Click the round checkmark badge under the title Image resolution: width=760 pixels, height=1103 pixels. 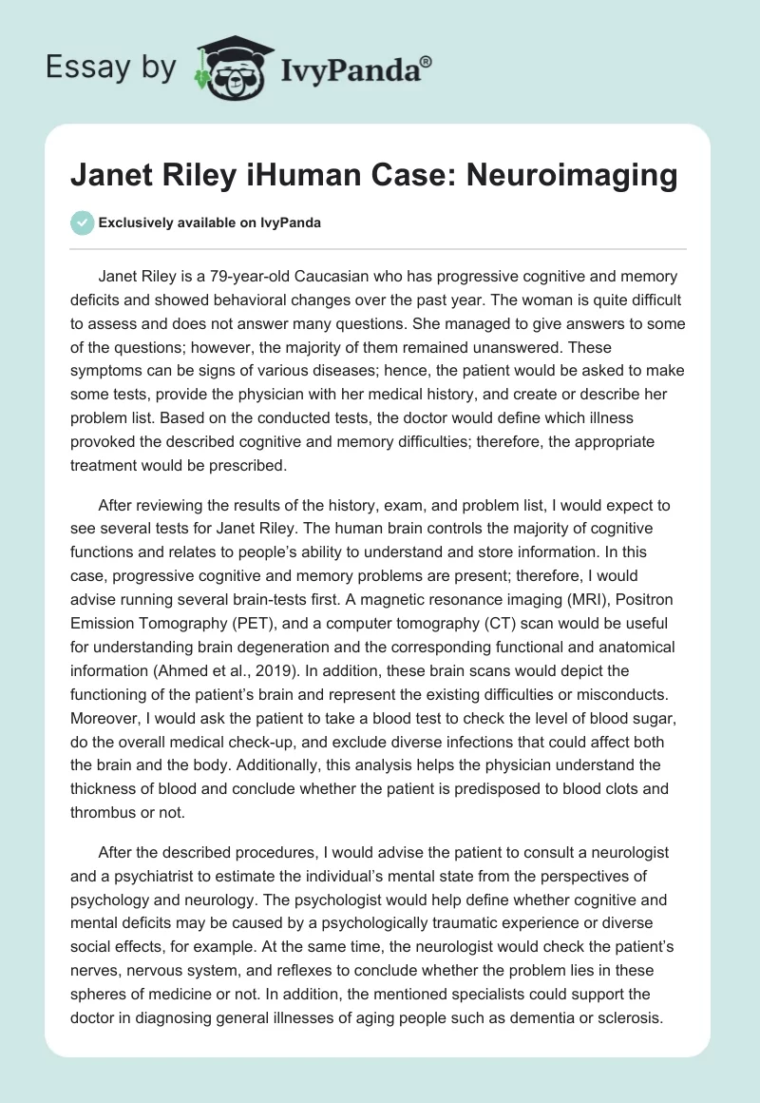click(x=82, y=223)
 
